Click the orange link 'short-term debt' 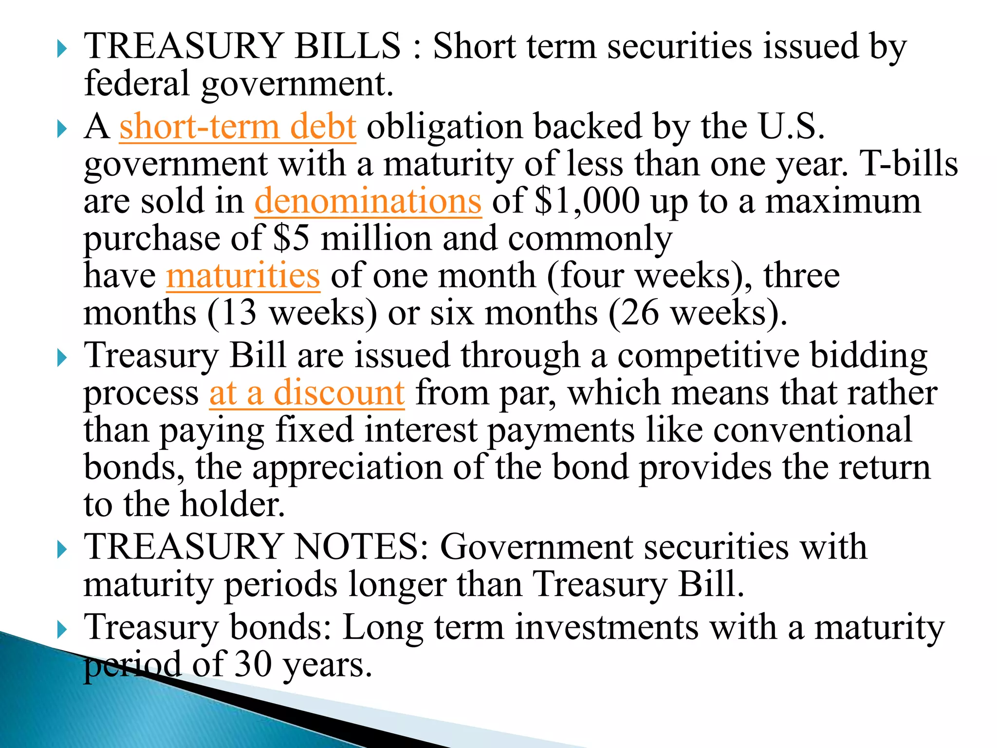tap(238, 127)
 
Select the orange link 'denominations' tap(368, 201)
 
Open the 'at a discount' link tap(307, 393)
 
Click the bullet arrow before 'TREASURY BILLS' tap(61, 49)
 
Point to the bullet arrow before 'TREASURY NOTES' tap(61, 550)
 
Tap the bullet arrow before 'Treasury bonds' tap(61, 630)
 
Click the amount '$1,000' tap(587, 201)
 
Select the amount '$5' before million tap(291, 239)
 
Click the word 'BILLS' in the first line tap(348, 46)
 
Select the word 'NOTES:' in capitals tap(363, 547)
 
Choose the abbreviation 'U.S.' tap(792, 127)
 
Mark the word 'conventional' tap(812, 430)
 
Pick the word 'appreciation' tap(348, 467)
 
